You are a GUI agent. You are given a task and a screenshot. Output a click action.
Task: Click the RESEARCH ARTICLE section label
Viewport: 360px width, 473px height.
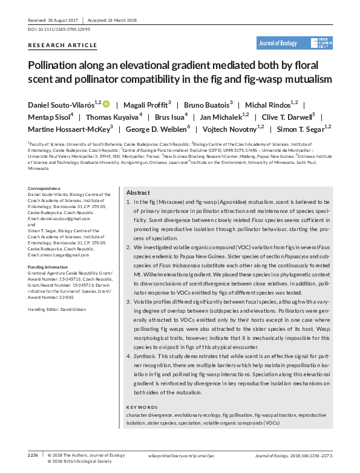pos(62,45)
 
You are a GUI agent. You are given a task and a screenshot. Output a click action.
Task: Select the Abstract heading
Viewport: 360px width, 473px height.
pos(138,192)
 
